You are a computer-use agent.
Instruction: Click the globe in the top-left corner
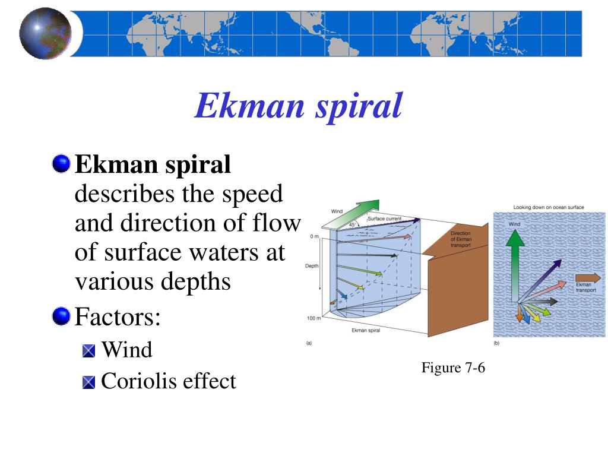tap(45, 33)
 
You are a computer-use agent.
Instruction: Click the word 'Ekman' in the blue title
tap(249, 106)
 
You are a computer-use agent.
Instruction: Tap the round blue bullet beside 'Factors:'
tap(61, 316)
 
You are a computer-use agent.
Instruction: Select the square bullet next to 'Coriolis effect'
tap(89, 382)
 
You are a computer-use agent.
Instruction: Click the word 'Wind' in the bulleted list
tap(127, 349)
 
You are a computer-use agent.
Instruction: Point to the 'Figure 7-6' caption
tap(453, 368)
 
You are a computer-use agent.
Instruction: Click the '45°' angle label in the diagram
tap(352, 224)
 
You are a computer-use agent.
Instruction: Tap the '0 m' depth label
tap(314, 236)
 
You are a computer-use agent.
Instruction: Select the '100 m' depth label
tap(313, 318)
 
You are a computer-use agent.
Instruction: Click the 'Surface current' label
tap(384, 218)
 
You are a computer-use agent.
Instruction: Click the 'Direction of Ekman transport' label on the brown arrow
tap(461, 239)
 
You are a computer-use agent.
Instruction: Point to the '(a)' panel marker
tap(309, 343)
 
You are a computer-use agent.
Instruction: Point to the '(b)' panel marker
tap(496, 343)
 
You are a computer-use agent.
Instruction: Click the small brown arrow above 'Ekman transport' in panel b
tap(588, 277)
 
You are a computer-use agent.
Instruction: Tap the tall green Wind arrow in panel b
tap(515, 266)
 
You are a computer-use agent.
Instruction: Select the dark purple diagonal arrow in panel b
tap(540, 281)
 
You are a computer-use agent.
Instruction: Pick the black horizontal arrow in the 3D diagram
tap(367, 255)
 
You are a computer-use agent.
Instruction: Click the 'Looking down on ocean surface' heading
tap(548, 207)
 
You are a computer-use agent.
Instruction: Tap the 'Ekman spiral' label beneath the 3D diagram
tap(366, 330)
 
